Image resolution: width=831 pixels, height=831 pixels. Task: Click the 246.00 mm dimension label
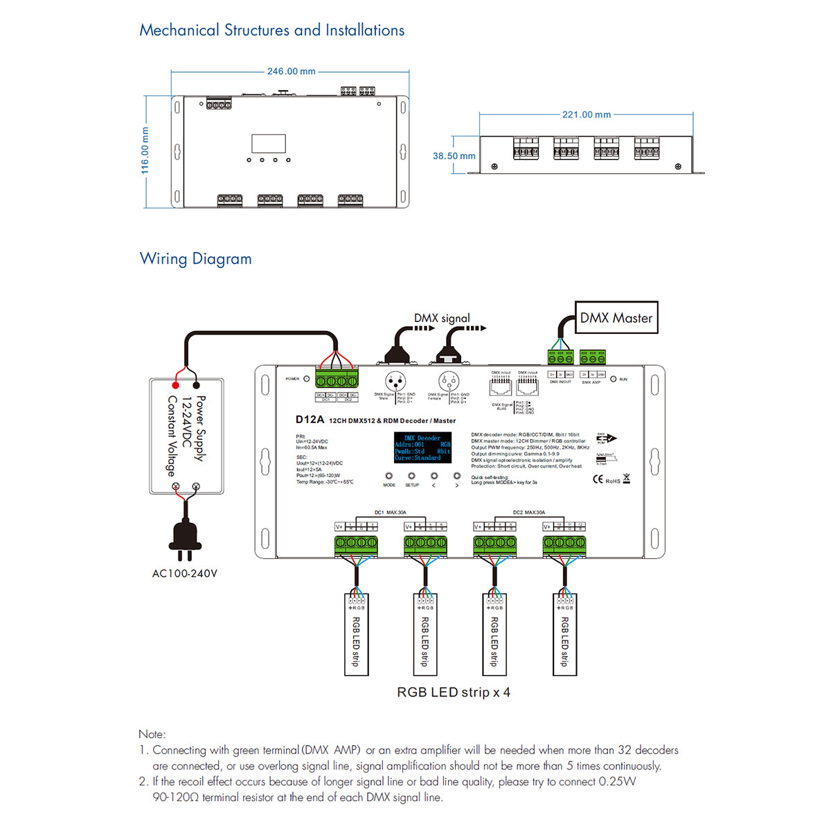coord(291,71)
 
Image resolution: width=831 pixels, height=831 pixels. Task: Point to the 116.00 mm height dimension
coord(145,150)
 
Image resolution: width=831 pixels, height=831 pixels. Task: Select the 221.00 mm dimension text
coord(586,115)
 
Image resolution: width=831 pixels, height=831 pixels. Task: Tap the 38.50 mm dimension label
coord(454,156)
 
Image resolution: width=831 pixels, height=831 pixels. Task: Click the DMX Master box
coord(616,318)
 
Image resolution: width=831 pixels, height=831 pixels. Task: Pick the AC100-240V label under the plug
coord(185,573)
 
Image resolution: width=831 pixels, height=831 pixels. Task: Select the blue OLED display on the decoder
coord(422,447)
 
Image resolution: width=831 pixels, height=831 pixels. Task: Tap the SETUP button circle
coord(411,476)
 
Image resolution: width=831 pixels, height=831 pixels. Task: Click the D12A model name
coord(310,420)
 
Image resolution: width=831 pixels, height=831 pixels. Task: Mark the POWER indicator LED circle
coord(307,379)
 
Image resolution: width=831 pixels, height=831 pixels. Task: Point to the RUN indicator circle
coord(613,379)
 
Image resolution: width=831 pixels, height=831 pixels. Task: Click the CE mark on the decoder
coord(598,480)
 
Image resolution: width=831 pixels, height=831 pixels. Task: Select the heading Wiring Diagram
coord(195,259)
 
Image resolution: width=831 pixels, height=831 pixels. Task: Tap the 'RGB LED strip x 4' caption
coord(454,692)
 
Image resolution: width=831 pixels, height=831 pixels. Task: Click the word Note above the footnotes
coord(152,734)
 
